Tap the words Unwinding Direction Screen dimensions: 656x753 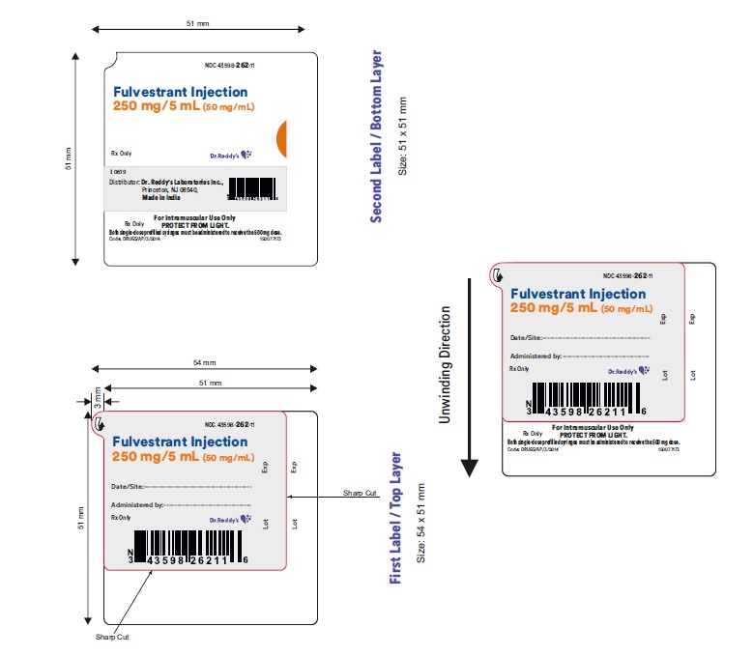pos(446,364)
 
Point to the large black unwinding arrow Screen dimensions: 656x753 pos(470,377)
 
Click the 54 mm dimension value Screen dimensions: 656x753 pos(204,362)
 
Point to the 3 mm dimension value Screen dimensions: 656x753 pos(96,395)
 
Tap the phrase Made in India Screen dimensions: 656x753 pos(161,196)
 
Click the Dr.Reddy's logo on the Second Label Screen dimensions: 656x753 pos(231,154)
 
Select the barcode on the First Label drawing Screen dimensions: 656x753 pos(189,547)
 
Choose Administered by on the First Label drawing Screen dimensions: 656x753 pos(135,504)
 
